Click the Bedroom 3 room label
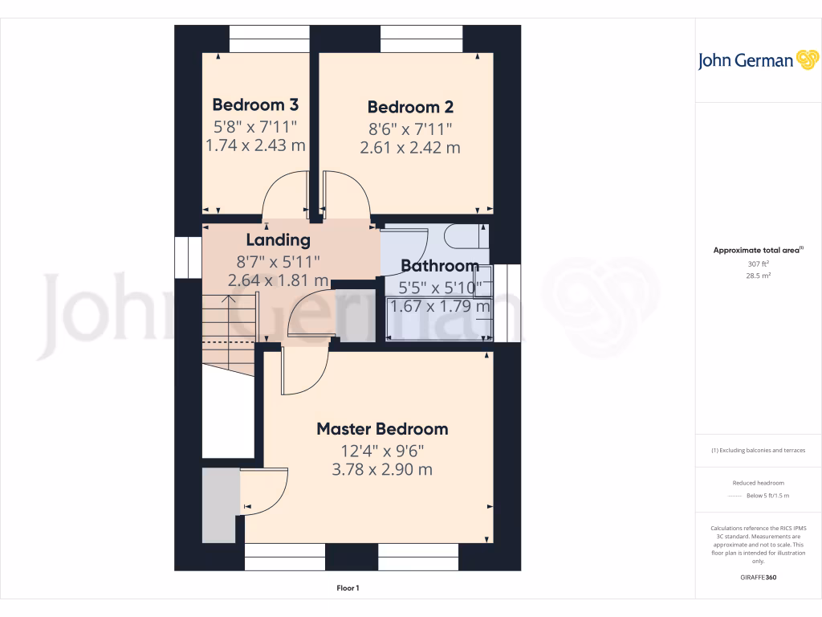[255, 104]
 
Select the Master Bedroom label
[382, 429]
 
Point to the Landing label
[278, 239]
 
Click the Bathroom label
[440, 266]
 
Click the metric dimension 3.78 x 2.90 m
[382, 469]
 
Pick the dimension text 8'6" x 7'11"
[410, 129]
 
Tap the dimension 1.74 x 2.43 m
[255, 145]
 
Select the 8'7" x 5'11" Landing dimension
[278, 261]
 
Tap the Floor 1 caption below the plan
[348, 589]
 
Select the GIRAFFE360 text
[758, 578]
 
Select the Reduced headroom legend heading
[758, 483]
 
